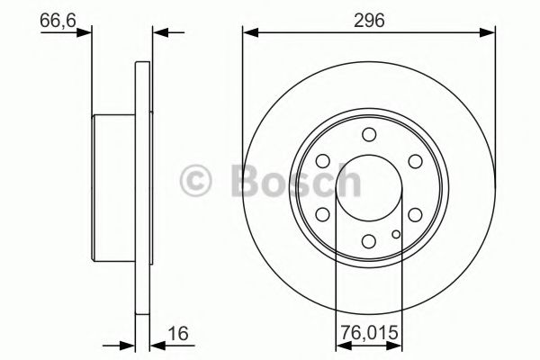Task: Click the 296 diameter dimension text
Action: tap(369, 18)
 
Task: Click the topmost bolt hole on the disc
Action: tap(369, 135)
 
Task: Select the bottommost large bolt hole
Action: tap(369, 241)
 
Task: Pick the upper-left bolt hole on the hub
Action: tap(323, 162)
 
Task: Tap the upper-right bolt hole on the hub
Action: tap(415, 162)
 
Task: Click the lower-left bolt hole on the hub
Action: tap(323, 215)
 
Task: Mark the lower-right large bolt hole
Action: tap(415, 215)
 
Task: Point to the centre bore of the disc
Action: tap(369, 188)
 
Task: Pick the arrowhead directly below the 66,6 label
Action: tap(86, 34)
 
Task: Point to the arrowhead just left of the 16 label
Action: tap(128, 343)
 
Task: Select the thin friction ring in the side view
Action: tap(142, 188)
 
